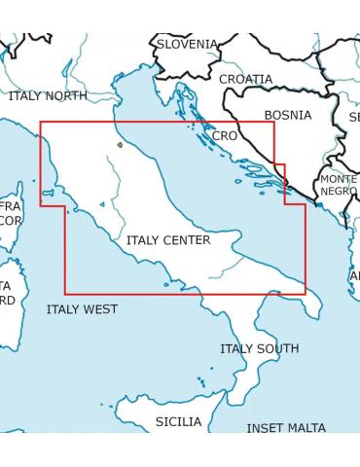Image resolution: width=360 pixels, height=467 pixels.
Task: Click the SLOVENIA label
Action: coord(188,44)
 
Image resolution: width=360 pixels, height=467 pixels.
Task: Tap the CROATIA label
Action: coord(245,79)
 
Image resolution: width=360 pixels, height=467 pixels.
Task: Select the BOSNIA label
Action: coord(287,115)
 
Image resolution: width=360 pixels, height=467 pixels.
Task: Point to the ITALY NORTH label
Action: coord(47,96)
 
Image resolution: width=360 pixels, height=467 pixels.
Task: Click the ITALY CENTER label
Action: coord(167,240)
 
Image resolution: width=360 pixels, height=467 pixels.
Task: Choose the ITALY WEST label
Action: coord(82,309)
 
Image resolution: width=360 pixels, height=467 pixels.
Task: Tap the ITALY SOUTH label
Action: coord(259,348)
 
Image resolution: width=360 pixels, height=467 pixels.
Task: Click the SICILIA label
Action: coord(179,421)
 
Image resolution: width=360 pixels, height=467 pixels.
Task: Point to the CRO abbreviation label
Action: coord(224,136)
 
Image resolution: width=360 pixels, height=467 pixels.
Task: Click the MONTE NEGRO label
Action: coord(338,186)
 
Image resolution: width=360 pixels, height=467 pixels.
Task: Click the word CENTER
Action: coord(187,240)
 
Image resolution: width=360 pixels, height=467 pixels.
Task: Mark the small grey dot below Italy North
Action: coord(120,145)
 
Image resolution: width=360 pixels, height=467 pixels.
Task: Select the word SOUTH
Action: coord(279,348)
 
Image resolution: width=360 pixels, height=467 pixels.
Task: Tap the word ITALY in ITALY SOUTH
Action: coord(237,348)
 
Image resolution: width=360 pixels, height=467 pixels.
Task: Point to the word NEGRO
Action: coord(338,192)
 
